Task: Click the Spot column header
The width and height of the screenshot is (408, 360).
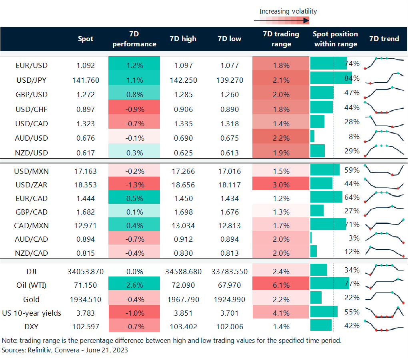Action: click(86, 39)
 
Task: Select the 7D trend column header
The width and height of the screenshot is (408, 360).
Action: click(384, 39)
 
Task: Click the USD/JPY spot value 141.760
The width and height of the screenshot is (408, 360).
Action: click(86, 80)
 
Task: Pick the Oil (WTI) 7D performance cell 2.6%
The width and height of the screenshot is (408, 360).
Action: click(134, 285)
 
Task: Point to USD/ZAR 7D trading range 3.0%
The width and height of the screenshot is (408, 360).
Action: click(281, 185)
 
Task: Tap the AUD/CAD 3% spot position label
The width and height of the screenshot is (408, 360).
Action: click(354, 238)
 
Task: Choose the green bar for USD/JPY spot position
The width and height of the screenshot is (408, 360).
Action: click(331, 78)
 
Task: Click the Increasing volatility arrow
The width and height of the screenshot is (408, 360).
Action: click(282, 20)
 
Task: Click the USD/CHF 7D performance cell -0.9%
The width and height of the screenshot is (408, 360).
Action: click(134, 109)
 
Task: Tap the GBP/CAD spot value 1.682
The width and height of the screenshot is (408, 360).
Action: click(86, 212)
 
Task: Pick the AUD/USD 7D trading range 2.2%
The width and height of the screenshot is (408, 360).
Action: click(281, 138)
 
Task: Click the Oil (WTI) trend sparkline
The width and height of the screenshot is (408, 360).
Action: click(384, 284)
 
